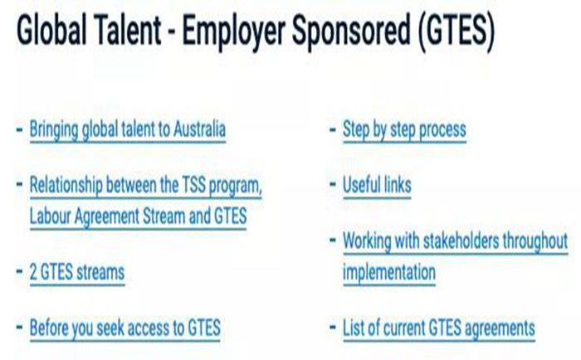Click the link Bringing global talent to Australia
click(x=128, y=129)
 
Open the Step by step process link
click(x=404, y=129)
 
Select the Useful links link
click(x=377, y=185)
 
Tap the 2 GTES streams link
click(x=77, y=273)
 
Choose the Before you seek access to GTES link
click(x=125, y=328)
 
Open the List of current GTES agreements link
click(x=439, y=328)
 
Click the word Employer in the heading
click(x=233, y=31)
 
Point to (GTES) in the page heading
click(x=456, y=30)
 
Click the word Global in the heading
click(x=51, y=29)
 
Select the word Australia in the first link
click(x=199, y=129)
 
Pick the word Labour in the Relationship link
click(x=50, y=216)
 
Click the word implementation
click(x=389, y=273)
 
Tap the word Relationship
click(x=66, y=184)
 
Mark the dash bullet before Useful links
click(x=333, y=184)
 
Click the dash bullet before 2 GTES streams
click(x=20, y=271)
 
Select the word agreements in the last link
click(x=500, y=328)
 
